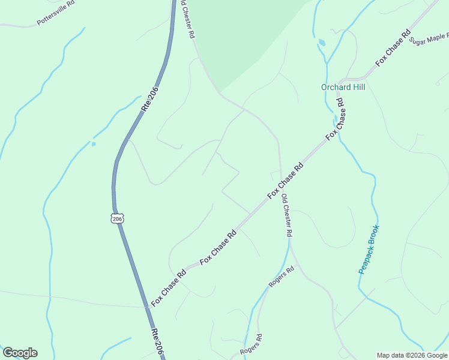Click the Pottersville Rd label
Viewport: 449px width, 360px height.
55,13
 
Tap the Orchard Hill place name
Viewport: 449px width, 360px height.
343,87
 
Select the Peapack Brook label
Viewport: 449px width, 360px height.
369,250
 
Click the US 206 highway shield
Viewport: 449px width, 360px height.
118,218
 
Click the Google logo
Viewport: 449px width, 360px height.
20,353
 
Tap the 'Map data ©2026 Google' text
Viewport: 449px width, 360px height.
412,355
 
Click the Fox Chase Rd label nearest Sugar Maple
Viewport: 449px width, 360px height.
393,47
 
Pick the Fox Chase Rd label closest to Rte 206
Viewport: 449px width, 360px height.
169,288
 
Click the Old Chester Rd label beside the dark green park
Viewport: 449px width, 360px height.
187,19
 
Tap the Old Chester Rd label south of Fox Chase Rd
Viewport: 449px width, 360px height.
286,216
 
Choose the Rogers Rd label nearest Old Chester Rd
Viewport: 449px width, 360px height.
282,277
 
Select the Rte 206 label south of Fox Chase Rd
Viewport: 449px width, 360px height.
157,342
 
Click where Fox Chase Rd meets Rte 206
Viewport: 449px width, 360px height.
146,307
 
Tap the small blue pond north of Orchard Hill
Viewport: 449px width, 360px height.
322,43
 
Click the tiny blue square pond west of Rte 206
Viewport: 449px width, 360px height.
94,143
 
